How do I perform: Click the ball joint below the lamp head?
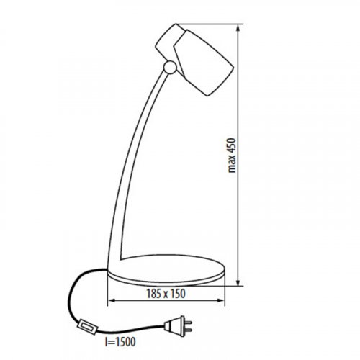(x=170, y=68)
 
